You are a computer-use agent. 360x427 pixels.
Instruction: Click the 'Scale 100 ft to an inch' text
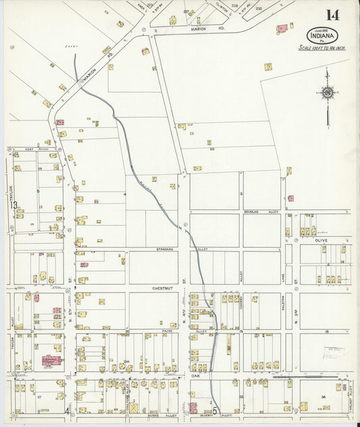click(x=323, y=48)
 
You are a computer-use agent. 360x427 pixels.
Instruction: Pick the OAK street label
click(x=195, y=376)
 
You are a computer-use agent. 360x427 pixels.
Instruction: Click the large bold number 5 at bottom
click(x=214, y=409)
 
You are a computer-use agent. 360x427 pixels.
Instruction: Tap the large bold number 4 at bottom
click(x=67, y=410)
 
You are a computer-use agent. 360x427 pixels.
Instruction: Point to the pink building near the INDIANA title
click(x=282, y=29)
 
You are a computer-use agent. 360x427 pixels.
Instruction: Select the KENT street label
click(x=29, y=149)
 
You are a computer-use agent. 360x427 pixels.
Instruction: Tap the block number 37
click(x=39, y=397)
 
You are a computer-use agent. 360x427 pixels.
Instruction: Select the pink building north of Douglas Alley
click(x=291, y=199)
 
